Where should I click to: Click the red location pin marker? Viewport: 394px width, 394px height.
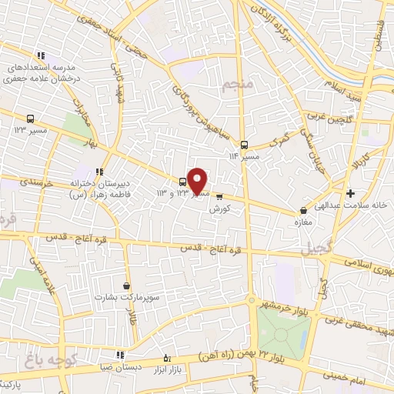click(198, 179)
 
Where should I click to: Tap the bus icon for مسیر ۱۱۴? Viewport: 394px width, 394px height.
click(244, 144)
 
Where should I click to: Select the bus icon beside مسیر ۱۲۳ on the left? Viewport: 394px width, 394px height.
click(30, 119)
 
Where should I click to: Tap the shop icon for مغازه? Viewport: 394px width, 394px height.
click(303, 209)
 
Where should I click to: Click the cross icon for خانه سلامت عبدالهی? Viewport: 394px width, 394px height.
click(351, 193)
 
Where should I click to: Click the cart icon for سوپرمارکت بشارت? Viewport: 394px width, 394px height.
click(136, 285)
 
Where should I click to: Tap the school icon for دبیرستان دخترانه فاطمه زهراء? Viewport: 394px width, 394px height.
click(98, 172)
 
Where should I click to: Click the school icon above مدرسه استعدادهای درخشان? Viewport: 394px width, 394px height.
click(41, 55)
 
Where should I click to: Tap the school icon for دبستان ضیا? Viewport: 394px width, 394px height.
click(120, 356)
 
